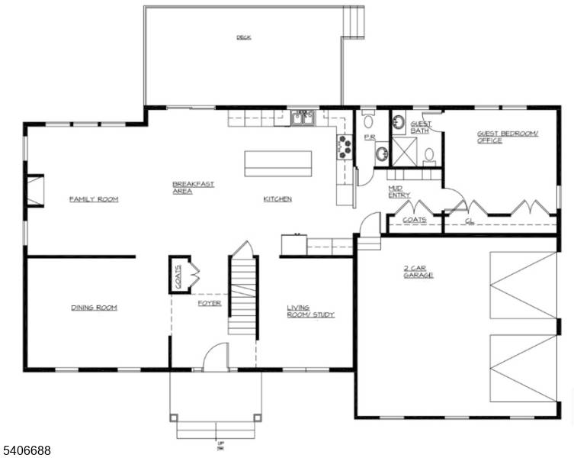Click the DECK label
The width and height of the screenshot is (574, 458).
(243, 37)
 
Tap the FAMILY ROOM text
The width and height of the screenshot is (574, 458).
(94, 199)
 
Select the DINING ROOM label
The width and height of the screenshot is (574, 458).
(94, 308)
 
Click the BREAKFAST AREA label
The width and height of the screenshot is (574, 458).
(192, 188)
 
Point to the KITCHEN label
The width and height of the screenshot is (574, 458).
(277, 199)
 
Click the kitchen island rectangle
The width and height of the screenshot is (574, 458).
(277, 163)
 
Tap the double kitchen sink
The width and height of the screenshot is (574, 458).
(303, 118)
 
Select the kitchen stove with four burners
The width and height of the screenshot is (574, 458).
(344, 146)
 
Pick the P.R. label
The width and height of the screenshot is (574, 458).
(369, 137)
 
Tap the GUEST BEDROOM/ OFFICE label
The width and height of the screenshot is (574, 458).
(507, 137)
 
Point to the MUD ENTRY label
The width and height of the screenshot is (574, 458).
(399, 191)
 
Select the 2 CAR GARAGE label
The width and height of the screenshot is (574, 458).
(418, 271)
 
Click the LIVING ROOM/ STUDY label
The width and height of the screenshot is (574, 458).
(310, 311)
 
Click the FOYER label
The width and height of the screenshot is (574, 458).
(209, 303)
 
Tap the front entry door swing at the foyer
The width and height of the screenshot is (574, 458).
(216, 357)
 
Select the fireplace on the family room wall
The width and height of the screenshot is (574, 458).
(35, 191)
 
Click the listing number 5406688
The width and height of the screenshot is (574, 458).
(27, 451)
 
